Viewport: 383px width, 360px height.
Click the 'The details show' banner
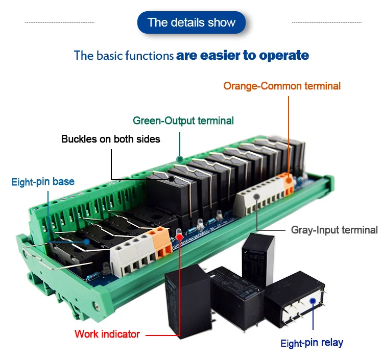coord(192,23)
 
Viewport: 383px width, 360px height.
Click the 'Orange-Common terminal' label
coord(282,86)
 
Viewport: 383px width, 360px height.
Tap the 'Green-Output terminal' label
coord(183,121)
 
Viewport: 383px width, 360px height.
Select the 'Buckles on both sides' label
coord(111,139)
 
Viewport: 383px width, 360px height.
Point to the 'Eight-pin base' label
coord(43,182)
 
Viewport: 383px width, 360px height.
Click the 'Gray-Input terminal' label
coord(334,230)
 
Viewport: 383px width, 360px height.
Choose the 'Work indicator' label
coord(107,334)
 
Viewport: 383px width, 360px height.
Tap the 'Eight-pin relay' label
coord(312,342)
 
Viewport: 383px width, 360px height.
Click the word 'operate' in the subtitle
coord(284,55)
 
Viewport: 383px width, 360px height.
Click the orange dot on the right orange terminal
coord(289,180)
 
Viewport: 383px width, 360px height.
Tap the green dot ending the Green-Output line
coord(180,159)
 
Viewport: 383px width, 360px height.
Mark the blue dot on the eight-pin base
coord(87,241)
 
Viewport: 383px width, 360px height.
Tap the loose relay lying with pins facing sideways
coord(294,301)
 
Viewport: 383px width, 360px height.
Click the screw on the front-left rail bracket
coord(97,307)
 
